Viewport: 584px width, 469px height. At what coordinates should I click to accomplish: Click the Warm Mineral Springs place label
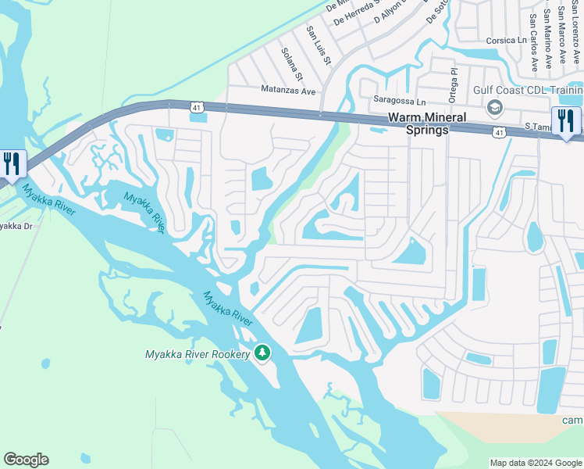(x=428, y=124)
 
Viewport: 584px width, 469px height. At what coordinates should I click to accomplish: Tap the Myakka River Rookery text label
(x=198, y=354)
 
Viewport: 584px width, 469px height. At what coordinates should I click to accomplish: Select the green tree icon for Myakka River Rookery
(x=263, y=353)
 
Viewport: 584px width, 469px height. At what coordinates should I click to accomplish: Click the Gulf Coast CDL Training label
(x=528, y=90)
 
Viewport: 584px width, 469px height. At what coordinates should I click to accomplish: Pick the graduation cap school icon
(x=493, y=107)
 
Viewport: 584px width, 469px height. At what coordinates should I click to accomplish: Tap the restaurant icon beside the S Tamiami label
(x=566, y=122)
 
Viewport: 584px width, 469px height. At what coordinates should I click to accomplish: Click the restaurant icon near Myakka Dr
(x=12, y=164)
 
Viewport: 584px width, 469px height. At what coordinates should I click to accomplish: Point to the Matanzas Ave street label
(x=288, y=91)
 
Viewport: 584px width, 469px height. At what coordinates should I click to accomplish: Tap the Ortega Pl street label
(x=453, y=81)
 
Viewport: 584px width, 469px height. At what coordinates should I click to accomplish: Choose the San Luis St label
(x=319, y=45)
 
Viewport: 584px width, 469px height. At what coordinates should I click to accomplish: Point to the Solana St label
(x=291, y=64)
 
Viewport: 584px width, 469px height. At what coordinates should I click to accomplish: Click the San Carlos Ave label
(x=533, y=41)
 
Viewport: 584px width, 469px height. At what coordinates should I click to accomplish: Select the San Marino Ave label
(x=549, y=35)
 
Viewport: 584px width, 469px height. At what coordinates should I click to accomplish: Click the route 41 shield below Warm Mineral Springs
(x=497, y=134)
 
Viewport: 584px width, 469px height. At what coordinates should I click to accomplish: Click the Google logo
(x=26, y=460)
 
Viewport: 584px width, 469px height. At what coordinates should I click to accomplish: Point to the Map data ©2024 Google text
(x=535, y=463)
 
